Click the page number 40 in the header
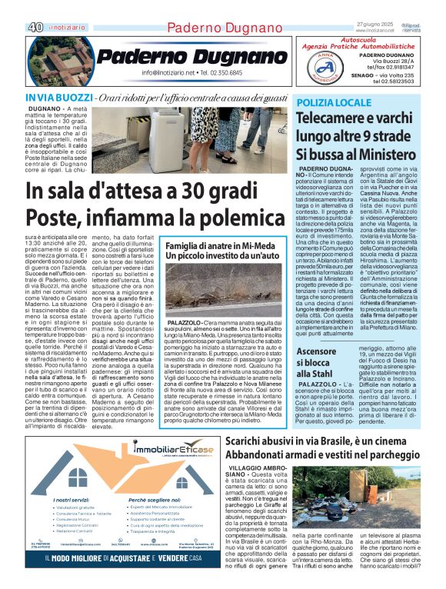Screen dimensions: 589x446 pyautogui.click(x=34, y=27)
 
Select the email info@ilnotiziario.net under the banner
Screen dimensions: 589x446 pyautogui.click(x=170, y=73)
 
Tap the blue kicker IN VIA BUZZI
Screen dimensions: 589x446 pyautogui.click(x=58, y=98)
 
